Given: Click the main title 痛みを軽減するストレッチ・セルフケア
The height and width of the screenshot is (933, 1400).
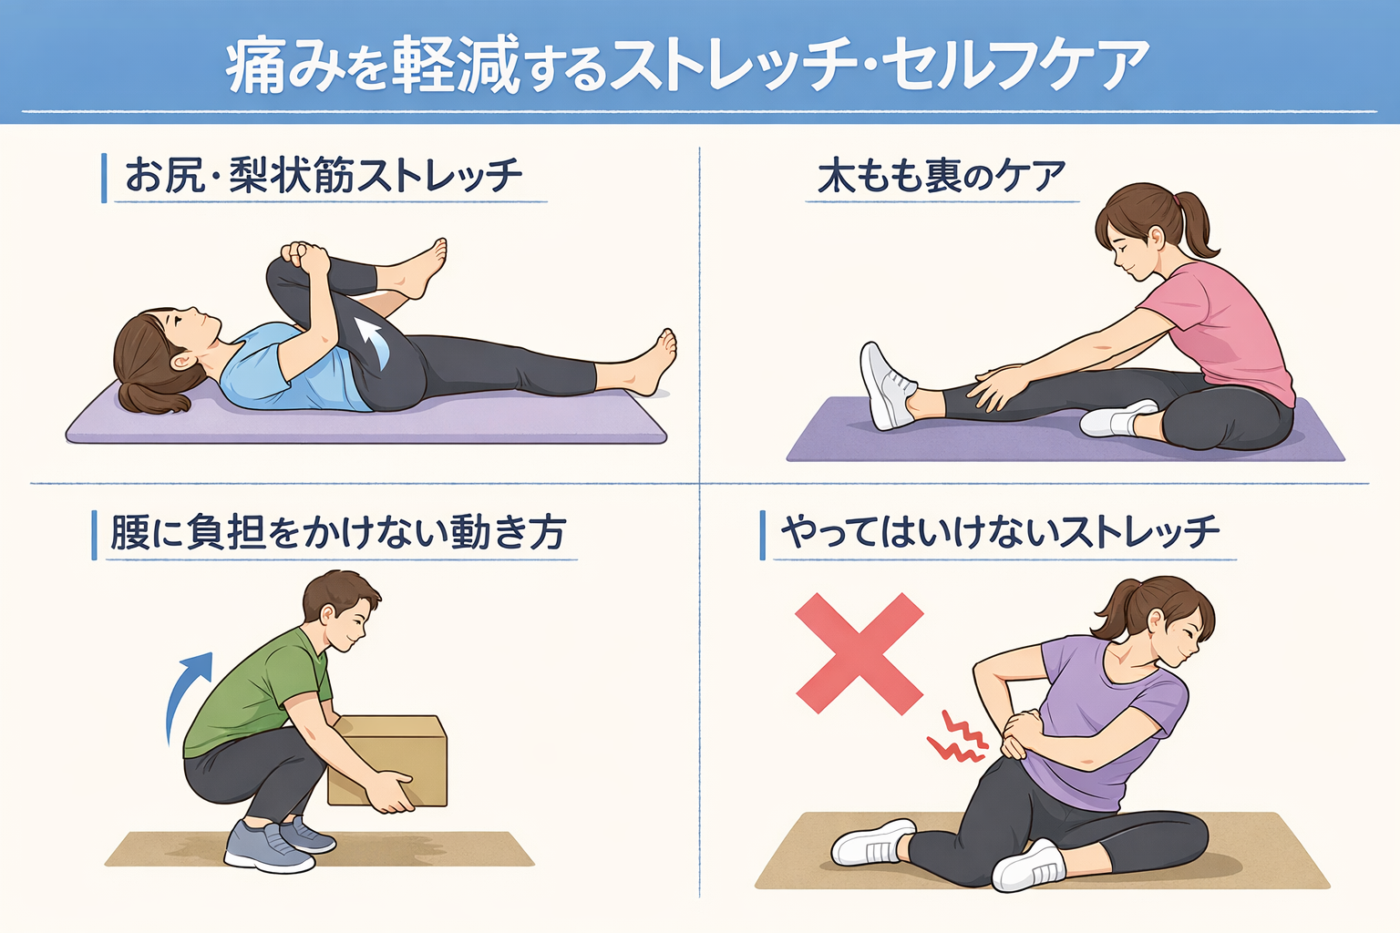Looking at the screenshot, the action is [687, 64].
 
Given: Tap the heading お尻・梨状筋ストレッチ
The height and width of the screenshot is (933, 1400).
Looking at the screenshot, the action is [324, 175].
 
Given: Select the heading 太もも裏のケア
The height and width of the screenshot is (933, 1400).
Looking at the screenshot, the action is [942, 176].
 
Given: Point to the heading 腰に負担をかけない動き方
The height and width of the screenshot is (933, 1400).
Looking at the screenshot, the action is [338, 532].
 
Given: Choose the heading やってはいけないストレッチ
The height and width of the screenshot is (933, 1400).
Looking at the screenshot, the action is [1000, 532].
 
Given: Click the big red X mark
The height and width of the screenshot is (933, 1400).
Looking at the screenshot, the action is [860, 653].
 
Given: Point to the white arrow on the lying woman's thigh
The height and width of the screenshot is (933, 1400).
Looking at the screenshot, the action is [372, 343].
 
